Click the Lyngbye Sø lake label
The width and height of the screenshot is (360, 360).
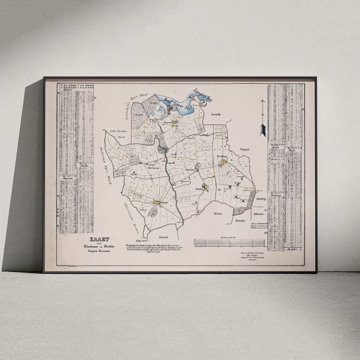click(x=203, y=94)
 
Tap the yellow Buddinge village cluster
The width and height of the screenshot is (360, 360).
click(x=224, y=161)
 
